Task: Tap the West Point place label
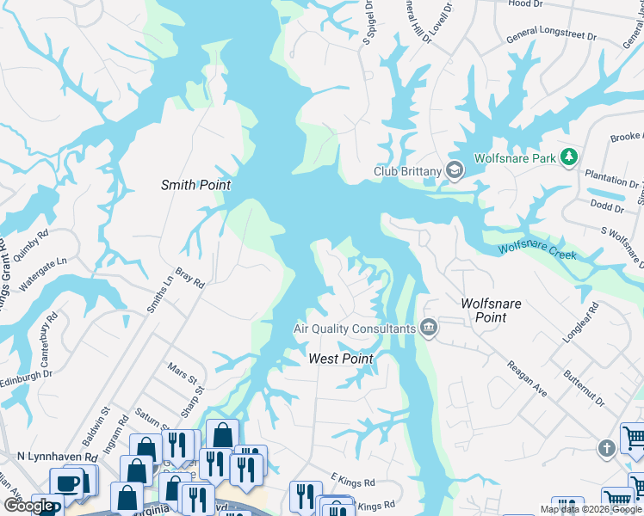(x=341, y=358)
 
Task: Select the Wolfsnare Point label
(x=495, y=310)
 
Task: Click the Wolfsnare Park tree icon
(x=567, y=157)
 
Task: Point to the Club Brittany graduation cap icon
(x=454, y=170)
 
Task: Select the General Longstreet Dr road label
(x=551, y=34)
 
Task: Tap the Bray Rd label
(x=189, y=276)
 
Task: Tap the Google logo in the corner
(x=30, y=506)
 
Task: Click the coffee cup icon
(x=68, y=482)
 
